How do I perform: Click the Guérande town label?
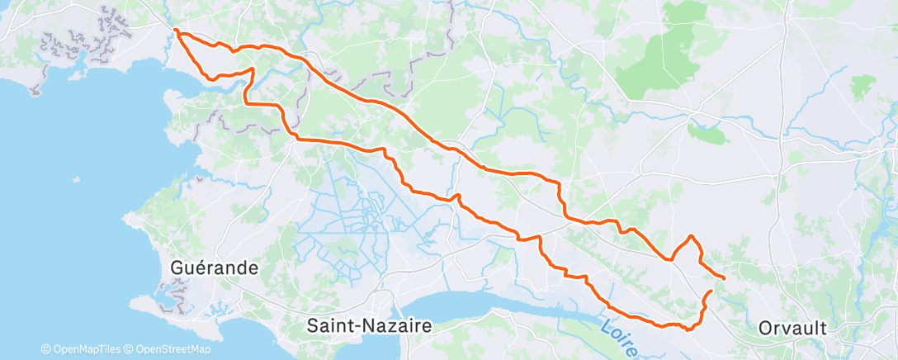[x=214, y=268]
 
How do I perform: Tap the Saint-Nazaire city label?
[x=369, y=325]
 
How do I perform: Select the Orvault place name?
[x=792, y=328]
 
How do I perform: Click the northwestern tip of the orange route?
[x=176, y=31]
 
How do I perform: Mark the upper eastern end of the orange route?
[x=724, y=278]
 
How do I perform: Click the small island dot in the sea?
[x=76, y=179]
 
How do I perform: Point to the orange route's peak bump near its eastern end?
[x=690, y=237]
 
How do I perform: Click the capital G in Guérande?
[x=177, y=268]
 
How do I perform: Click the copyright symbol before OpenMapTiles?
[x=45, y=349]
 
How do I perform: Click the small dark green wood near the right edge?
[x=863, y=83]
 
